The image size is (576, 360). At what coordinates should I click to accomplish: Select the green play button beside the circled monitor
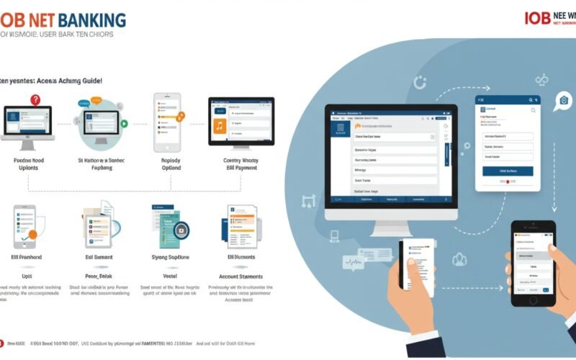[124, 123]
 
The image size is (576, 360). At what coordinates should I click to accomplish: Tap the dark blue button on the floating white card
[508, 171]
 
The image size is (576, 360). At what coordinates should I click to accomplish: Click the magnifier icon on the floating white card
[533, 110]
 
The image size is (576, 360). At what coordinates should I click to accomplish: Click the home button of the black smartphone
[534, 300]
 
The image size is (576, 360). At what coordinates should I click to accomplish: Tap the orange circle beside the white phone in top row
[181, 114]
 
